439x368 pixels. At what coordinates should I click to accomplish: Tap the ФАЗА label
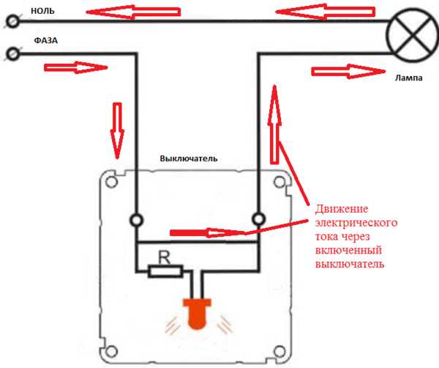pos(44,42)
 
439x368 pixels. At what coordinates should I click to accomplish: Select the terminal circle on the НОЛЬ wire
pos(12,23)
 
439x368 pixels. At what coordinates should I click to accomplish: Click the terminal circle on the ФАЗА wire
pos(12,54)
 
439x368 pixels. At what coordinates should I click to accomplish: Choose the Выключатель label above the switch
pos(189,158)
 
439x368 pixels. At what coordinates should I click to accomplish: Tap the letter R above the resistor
pos(165,256)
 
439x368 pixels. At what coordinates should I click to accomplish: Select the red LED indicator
pos(195,313)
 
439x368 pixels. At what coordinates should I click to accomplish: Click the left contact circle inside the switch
pos(136,219)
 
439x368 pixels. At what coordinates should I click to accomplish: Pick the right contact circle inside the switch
pos(258,219)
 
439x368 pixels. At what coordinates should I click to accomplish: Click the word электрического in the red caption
pos(355,221)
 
